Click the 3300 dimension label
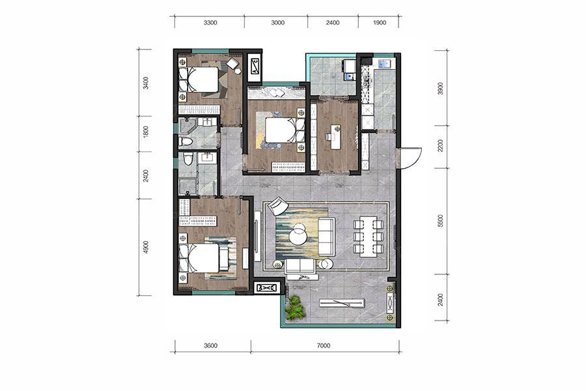click(210, 22)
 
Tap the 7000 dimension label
click(324, 346)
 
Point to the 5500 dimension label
click(440, 221)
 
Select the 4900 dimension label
click(146, 248)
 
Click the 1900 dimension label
click(380, 22)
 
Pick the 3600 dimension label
click(210, 346)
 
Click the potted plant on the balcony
click(296, 308)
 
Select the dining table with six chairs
click(369, 236)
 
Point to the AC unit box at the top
click(255, 68)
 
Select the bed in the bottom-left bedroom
click(204, 258)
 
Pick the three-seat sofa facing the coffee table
click(327, 236)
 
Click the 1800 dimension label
click(146, 132)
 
